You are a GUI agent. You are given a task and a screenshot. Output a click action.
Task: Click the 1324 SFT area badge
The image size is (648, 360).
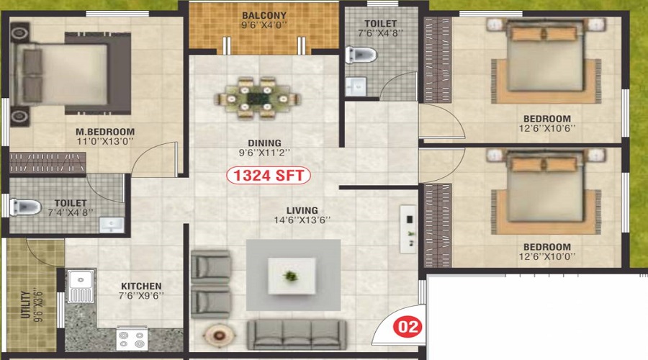click(x=269, y=175)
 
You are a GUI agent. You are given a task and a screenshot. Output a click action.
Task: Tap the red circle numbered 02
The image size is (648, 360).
click(x=408, y=327)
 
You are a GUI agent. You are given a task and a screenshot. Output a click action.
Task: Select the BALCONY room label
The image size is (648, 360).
click(x=264, y=15)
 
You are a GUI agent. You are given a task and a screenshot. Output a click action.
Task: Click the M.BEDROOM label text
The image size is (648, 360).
click(x=105, y=132)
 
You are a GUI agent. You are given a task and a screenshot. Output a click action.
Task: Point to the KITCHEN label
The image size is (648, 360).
click(x=141, y=286)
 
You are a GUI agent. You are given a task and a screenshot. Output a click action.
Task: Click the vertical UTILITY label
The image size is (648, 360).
click(x=27, y=305)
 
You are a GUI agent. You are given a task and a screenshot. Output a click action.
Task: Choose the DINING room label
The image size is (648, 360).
click(x=264, y=143)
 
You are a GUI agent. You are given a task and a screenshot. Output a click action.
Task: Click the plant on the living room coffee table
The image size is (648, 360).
click(x=291, y=275)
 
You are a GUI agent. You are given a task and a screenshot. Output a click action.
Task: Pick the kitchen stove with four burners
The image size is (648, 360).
click(x=132, y=338)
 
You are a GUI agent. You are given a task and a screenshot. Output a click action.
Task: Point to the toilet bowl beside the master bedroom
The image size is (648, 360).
click(x=26, y=207)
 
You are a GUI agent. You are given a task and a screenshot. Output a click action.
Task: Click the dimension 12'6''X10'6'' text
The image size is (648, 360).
click(x=547, y=129)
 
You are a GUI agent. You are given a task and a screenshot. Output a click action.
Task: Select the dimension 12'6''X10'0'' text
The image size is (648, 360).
click(x=547, y=256)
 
